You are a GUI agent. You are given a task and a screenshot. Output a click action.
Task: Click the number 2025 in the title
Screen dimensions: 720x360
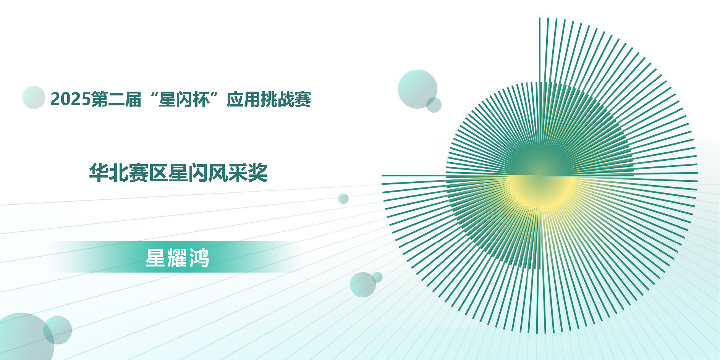point(71,99)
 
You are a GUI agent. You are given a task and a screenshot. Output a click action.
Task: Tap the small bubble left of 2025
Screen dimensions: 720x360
point(34,97)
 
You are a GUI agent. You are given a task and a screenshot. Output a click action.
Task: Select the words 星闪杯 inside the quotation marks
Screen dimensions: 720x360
point(184,99)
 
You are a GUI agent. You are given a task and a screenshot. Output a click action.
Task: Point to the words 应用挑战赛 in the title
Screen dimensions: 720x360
point(269,99)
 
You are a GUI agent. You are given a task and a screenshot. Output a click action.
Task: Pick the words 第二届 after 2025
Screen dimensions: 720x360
point(116,99)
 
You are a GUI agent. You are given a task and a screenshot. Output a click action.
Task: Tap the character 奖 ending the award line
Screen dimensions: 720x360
point(258,173)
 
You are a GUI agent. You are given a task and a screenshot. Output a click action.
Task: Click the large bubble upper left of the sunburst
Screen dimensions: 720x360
point(417,89)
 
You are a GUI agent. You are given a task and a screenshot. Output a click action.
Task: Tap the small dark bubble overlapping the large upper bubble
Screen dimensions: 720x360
point(434,105)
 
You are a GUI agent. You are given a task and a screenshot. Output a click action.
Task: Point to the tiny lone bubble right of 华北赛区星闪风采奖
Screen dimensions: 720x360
point(343,199)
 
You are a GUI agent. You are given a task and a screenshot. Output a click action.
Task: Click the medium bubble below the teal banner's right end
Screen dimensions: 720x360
point(363,284)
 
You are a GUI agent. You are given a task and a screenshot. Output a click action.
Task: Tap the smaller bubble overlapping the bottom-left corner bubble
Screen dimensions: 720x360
point(58,330)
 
